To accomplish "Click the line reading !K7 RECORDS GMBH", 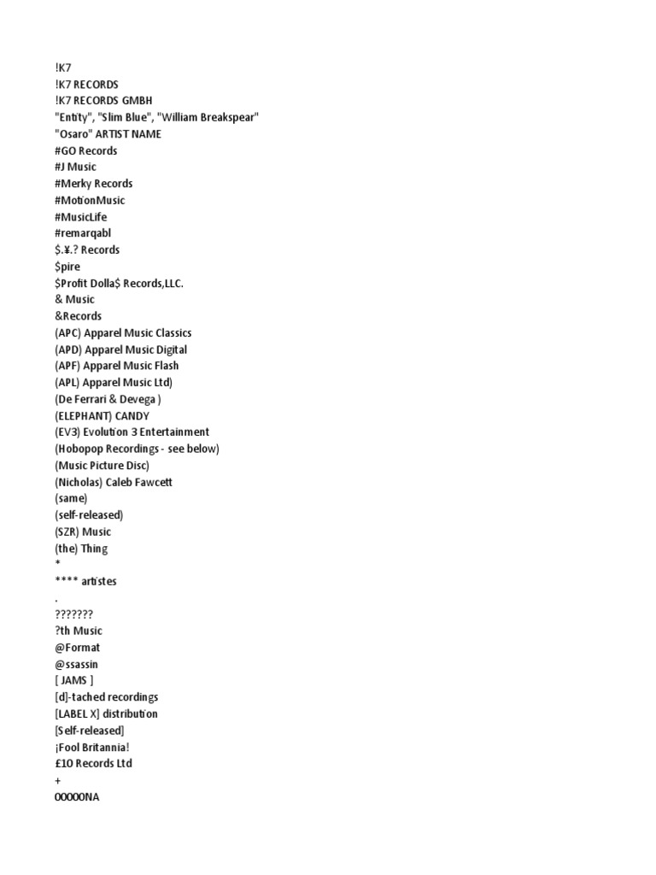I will (102, 101).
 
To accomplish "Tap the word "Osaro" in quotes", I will (73, 134).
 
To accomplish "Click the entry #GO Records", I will (85, 150).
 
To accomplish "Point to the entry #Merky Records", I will (93, 184).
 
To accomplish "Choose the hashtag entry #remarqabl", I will (83, 233).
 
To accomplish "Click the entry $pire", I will (67, 267).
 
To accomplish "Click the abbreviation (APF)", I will (67, 366).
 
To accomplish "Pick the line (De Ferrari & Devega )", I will (108, 399).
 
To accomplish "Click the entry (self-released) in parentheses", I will (89, 515).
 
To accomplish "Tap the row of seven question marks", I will (73, 614).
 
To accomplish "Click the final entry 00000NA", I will (77, 797).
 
